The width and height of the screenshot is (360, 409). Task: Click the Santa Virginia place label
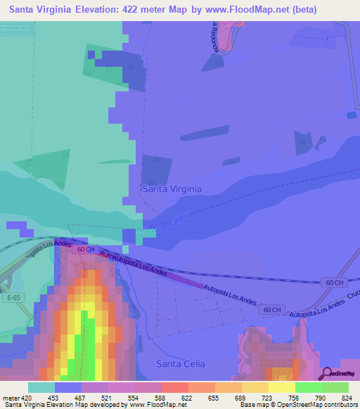point(172,189)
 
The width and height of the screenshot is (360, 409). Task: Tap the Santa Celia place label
point(181,363)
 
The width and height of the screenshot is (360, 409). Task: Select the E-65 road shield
point(11,298)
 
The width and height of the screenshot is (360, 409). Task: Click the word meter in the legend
point(11,398)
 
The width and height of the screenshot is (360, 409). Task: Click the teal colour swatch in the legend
point(41,387)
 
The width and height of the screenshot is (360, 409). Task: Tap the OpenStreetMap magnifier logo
point(328,373)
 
